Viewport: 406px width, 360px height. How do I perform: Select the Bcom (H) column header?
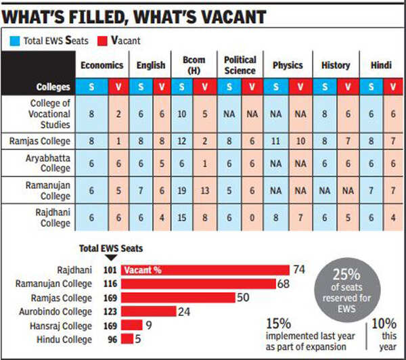[189, 65]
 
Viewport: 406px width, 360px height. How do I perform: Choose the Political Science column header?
[240, 65]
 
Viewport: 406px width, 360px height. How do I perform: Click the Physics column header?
[287, 65]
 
